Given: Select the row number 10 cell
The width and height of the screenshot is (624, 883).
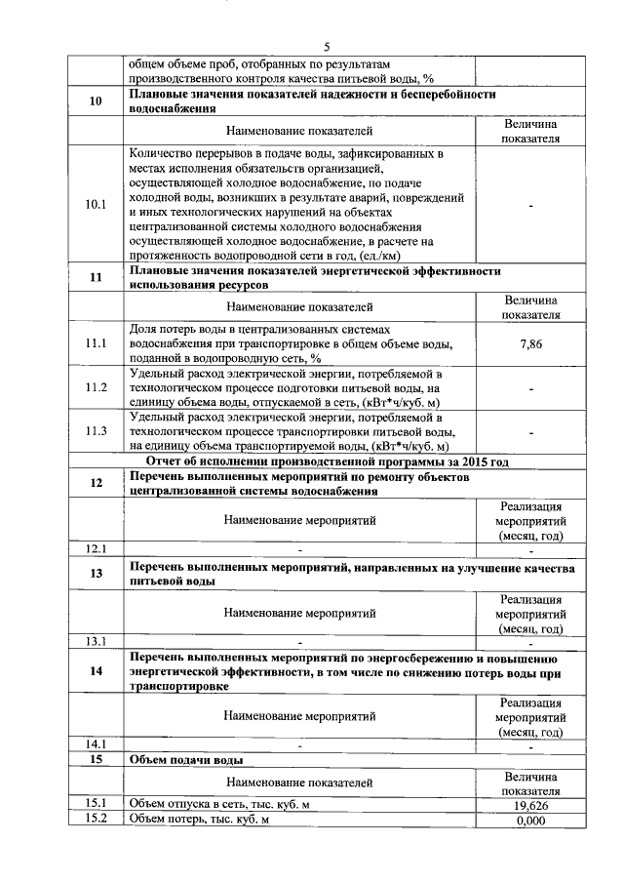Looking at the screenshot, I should click(96, 102).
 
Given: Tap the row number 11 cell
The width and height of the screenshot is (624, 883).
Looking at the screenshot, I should click(96, 277).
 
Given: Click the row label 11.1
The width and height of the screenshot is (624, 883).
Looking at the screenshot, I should click(96, 344).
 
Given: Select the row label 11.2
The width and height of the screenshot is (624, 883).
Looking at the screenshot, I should click(96, 387).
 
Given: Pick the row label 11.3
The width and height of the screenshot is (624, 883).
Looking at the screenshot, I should click(96, 430).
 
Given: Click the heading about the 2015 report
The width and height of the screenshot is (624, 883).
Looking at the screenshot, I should click(327, 462).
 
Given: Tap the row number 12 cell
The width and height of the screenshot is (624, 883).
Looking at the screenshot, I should click(96, 484).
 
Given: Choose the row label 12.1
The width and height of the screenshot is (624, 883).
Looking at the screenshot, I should click(96, 546).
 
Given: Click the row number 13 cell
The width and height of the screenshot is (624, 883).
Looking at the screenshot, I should click(96, 574).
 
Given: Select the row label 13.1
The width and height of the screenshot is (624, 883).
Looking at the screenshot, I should click(96, 641).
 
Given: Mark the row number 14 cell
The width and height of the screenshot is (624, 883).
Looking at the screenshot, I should click(96, 671).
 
